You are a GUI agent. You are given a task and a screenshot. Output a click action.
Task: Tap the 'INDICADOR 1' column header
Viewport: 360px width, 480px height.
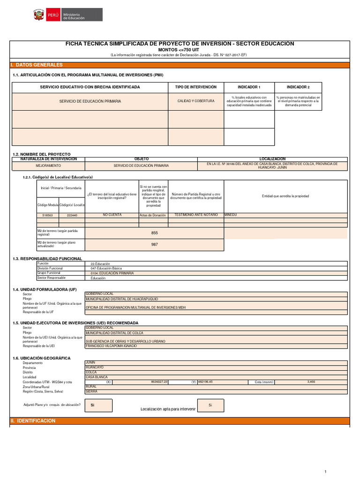click(x=249, y=87)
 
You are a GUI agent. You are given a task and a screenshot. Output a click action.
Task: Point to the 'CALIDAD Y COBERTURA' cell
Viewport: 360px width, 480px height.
click(x=196, y=101)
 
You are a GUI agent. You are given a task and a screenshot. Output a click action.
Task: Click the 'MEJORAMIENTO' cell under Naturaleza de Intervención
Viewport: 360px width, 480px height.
click(x=48, y=165)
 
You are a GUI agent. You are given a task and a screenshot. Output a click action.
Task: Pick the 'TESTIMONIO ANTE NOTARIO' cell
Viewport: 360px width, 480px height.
click(x=196, y=215)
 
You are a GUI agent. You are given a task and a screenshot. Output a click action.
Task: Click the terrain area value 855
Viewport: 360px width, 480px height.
click(x=155, y=233)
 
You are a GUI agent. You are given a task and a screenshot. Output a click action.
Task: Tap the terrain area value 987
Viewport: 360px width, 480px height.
click(x=155, y=244)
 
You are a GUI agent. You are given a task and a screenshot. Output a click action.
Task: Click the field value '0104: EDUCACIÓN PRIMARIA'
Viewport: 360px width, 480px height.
click(x=112, y=273)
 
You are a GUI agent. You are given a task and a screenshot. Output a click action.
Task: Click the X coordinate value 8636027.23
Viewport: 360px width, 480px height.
click(x=159, y=382)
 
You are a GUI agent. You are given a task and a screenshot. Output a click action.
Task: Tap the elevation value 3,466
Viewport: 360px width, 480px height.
click(x=311, y=382)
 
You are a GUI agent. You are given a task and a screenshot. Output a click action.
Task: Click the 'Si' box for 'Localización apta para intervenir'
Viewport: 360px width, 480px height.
click(x=210, y=405)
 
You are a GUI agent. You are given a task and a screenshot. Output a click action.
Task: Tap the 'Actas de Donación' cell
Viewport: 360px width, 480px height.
click(x=153, y=215)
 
